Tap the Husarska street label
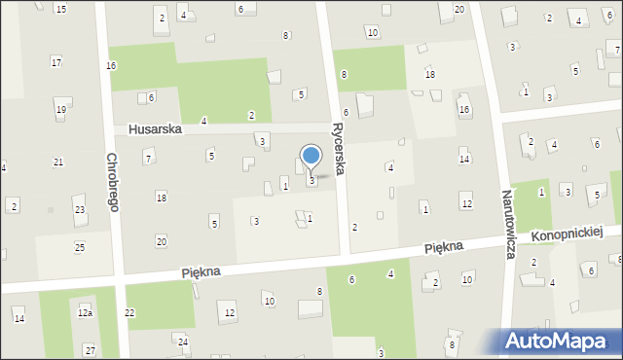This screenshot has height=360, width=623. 154,129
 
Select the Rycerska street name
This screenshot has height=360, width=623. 339,148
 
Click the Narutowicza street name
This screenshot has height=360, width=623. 509,224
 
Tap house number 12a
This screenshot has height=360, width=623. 85,312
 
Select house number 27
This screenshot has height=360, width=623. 90,349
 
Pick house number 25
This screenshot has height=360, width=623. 80,247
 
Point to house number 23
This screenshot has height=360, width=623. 80,210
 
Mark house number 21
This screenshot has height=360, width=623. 58,162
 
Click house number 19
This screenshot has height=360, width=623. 60,110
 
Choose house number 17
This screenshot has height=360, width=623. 56,62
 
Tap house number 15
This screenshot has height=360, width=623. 60,9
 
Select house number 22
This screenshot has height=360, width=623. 129,312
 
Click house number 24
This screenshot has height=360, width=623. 182,342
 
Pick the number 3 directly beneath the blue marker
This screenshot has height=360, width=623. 311,181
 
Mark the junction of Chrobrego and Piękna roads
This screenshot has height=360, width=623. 121,280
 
